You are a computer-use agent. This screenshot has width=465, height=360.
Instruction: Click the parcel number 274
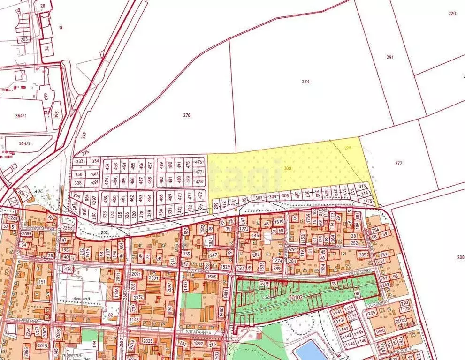tap(306, 82)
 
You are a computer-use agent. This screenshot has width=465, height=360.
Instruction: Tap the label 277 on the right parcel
tap(398, 164)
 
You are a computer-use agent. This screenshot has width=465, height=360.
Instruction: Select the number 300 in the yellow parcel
tap(288, 168)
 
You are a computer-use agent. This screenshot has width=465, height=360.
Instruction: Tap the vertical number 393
tap(57, 114)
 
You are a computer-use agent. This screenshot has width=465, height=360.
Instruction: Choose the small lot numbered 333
tap(79, 161)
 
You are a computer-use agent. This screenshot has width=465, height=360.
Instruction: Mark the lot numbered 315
tap(369, 201)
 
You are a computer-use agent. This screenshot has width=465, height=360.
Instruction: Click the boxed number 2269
tap(13, 218)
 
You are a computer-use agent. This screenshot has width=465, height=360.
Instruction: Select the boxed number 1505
tap(212, 277)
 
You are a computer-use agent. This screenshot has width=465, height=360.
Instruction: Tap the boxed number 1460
tap(380, 331)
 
